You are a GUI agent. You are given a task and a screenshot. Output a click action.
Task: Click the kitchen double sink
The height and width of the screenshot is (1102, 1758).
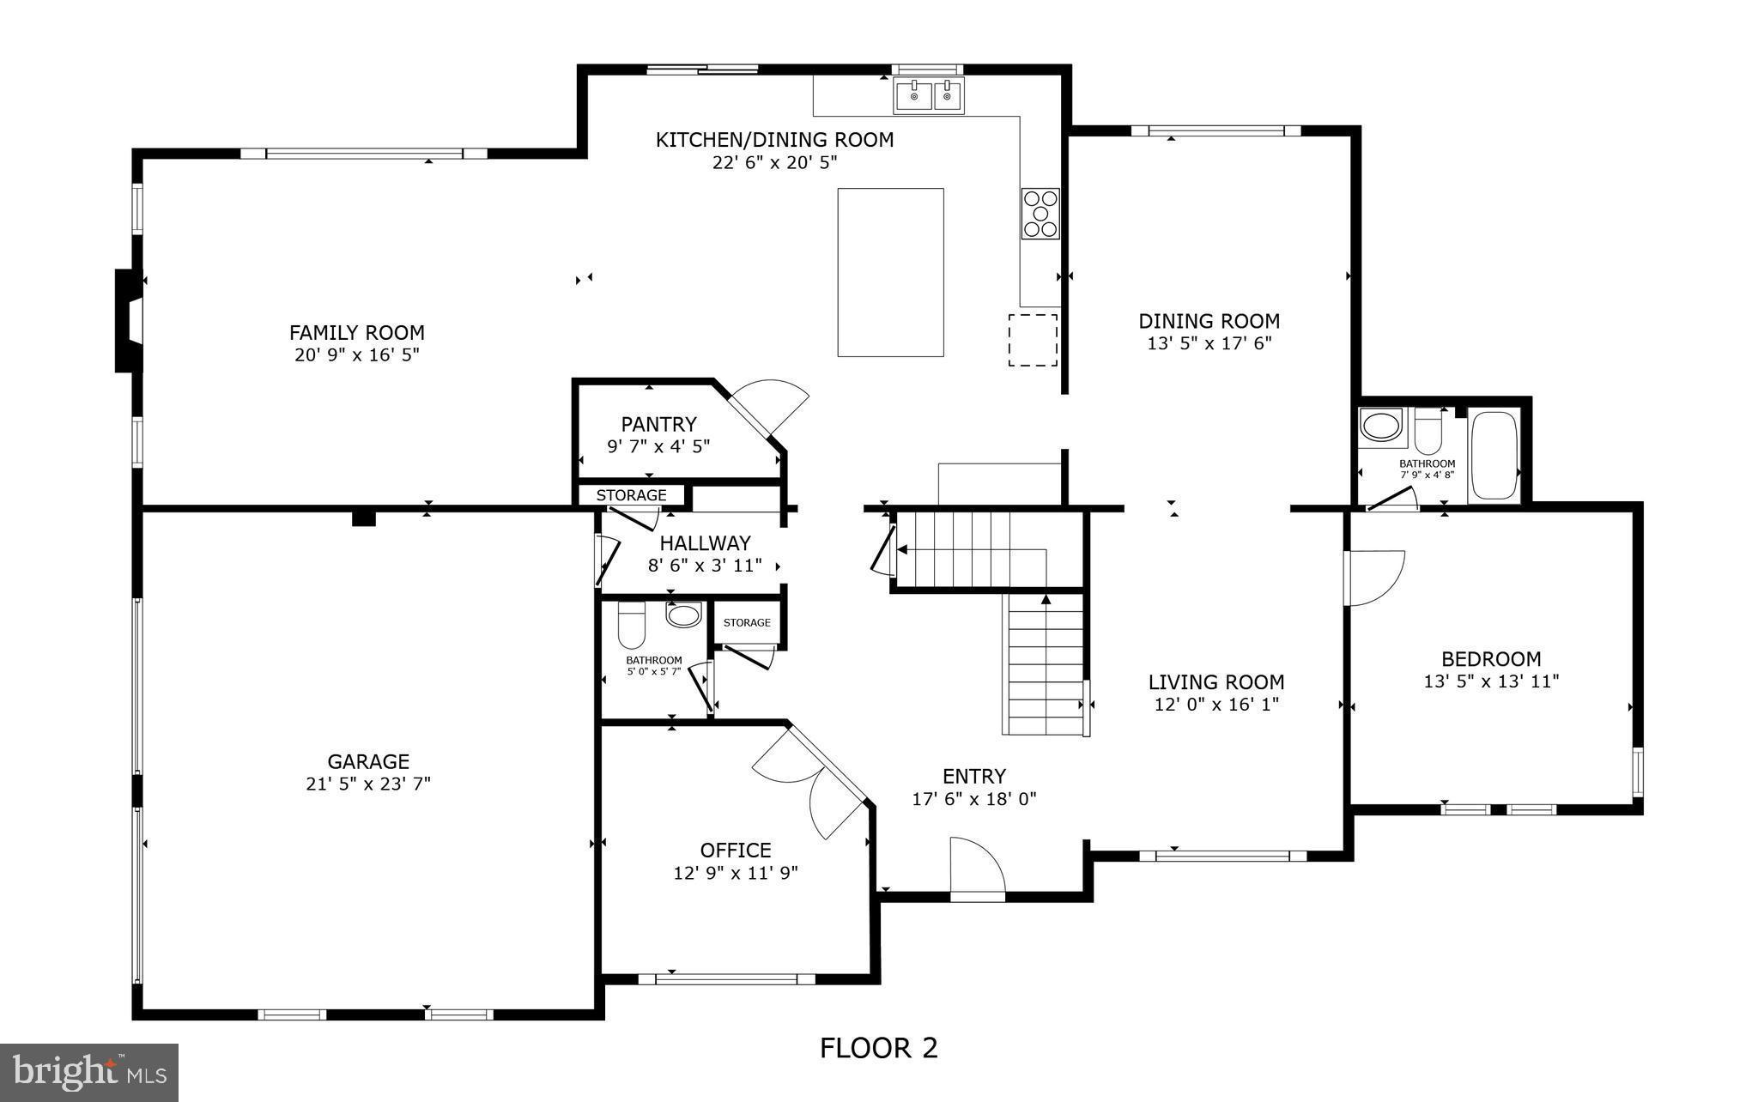[x=929, y=94]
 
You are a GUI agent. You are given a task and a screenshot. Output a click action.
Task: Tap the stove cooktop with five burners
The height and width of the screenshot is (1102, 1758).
[x=1040, y=213]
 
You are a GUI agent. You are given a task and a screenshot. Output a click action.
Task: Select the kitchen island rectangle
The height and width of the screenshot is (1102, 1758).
[x=890, y=272]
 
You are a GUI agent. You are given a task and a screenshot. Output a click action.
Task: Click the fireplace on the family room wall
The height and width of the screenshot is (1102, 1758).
[x=129, y=321]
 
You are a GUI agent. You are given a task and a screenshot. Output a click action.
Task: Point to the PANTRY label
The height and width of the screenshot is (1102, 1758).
[x=658, y=424]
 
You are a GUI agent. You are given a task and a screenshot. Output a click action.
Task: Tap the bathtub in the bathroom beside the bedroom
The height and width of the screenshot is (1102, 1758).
[x=1494, y=457]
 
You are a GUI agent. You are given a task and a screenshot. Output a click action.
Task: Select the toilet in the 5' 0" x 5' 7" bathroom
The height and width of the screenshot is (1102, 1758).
[x=632, y=626]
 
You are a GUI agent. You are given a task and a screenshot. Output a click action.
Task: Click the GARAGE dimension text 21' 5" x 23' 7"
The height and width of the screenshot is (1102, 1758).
[x=368, y=784]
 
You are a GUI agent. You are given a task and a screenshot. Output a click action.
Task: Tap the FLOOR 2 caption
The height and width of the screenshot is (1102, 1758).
[x=878, y=1048]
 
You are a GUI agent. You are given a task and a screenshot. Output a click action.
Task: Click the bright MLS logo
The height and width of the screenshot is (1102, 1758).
[x=89, y=1072]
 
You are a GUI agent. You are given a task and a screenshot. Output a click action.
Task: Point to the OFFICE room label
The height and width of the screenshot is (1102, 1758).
[x=736, y=850]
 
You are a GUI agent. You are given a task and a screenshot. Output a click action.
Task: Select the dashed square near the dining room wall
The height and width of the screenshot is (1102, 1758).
[x=1032, y=340]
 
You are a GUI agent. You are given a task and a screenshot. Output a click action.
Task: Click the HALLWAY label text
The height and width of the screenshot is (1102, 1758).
[x=705, y=543]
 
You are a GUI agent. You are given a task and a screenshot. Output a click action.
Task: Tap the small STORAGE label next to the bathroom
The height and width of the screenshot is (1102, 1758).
[x=746, y=623]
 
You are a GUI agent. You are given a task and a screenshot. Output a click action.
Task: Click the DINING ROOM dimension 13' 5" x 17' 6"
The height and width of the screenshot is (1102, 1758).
[x=1209, y=343]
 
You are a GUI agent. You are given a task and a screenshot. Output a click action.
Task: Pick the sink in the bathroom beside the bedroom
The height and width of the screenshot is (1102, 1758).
[x=1381, y=427]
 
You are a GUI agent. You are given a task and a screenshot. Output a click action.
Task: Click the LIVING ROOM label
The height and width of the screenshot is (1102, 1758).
[x=1216, y=682]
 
